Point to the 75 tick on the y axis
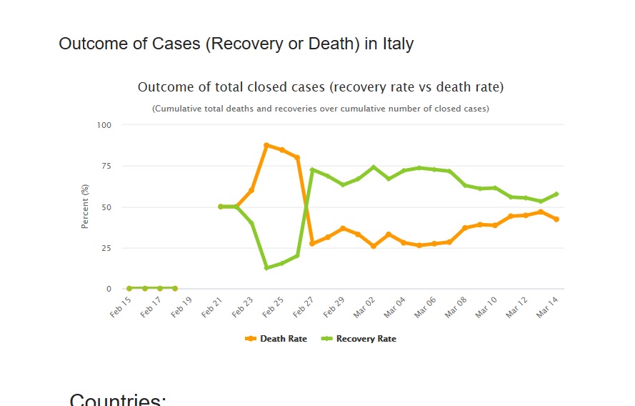pos(106,166)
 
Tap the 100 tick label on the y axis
pos(104,125)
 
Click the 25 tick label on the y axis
pos(106,248)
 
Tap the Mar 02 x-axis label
pos(366,308)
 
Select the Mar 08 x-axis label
pos(456,308)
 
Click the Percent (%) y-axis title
pos(85,207)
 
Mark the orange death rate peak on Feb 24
pos(266,145)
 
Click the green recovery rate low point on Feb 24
pos(266,268)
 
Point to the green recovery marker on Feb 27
pos(312,170)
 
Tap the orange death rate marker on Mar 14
pos(556,219)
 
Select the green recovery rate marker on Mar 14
pos(556,194)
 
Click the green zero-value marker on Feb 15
pos(129,289)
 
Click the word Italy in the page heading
pos(398,44)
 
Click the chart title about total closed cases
pos(321,87)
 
